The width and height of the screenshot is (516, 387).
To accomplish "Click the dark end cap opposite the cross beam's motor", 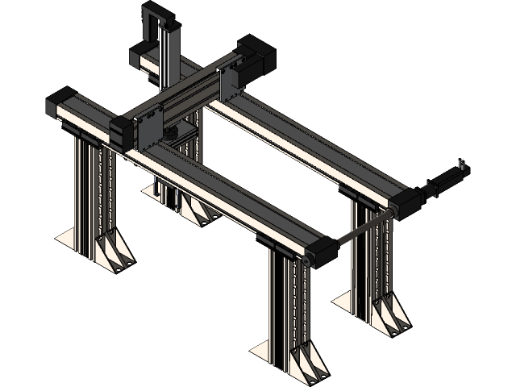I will point(121,131).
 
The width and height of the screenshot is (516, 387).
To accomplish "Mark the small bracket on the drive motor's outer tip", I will point(464,166).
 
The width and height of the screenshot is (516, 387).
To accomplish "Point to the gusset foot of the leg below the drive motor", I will point(392,314).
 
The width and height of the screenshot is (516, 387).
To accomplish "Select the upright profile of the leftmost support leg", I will point(84,185).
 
